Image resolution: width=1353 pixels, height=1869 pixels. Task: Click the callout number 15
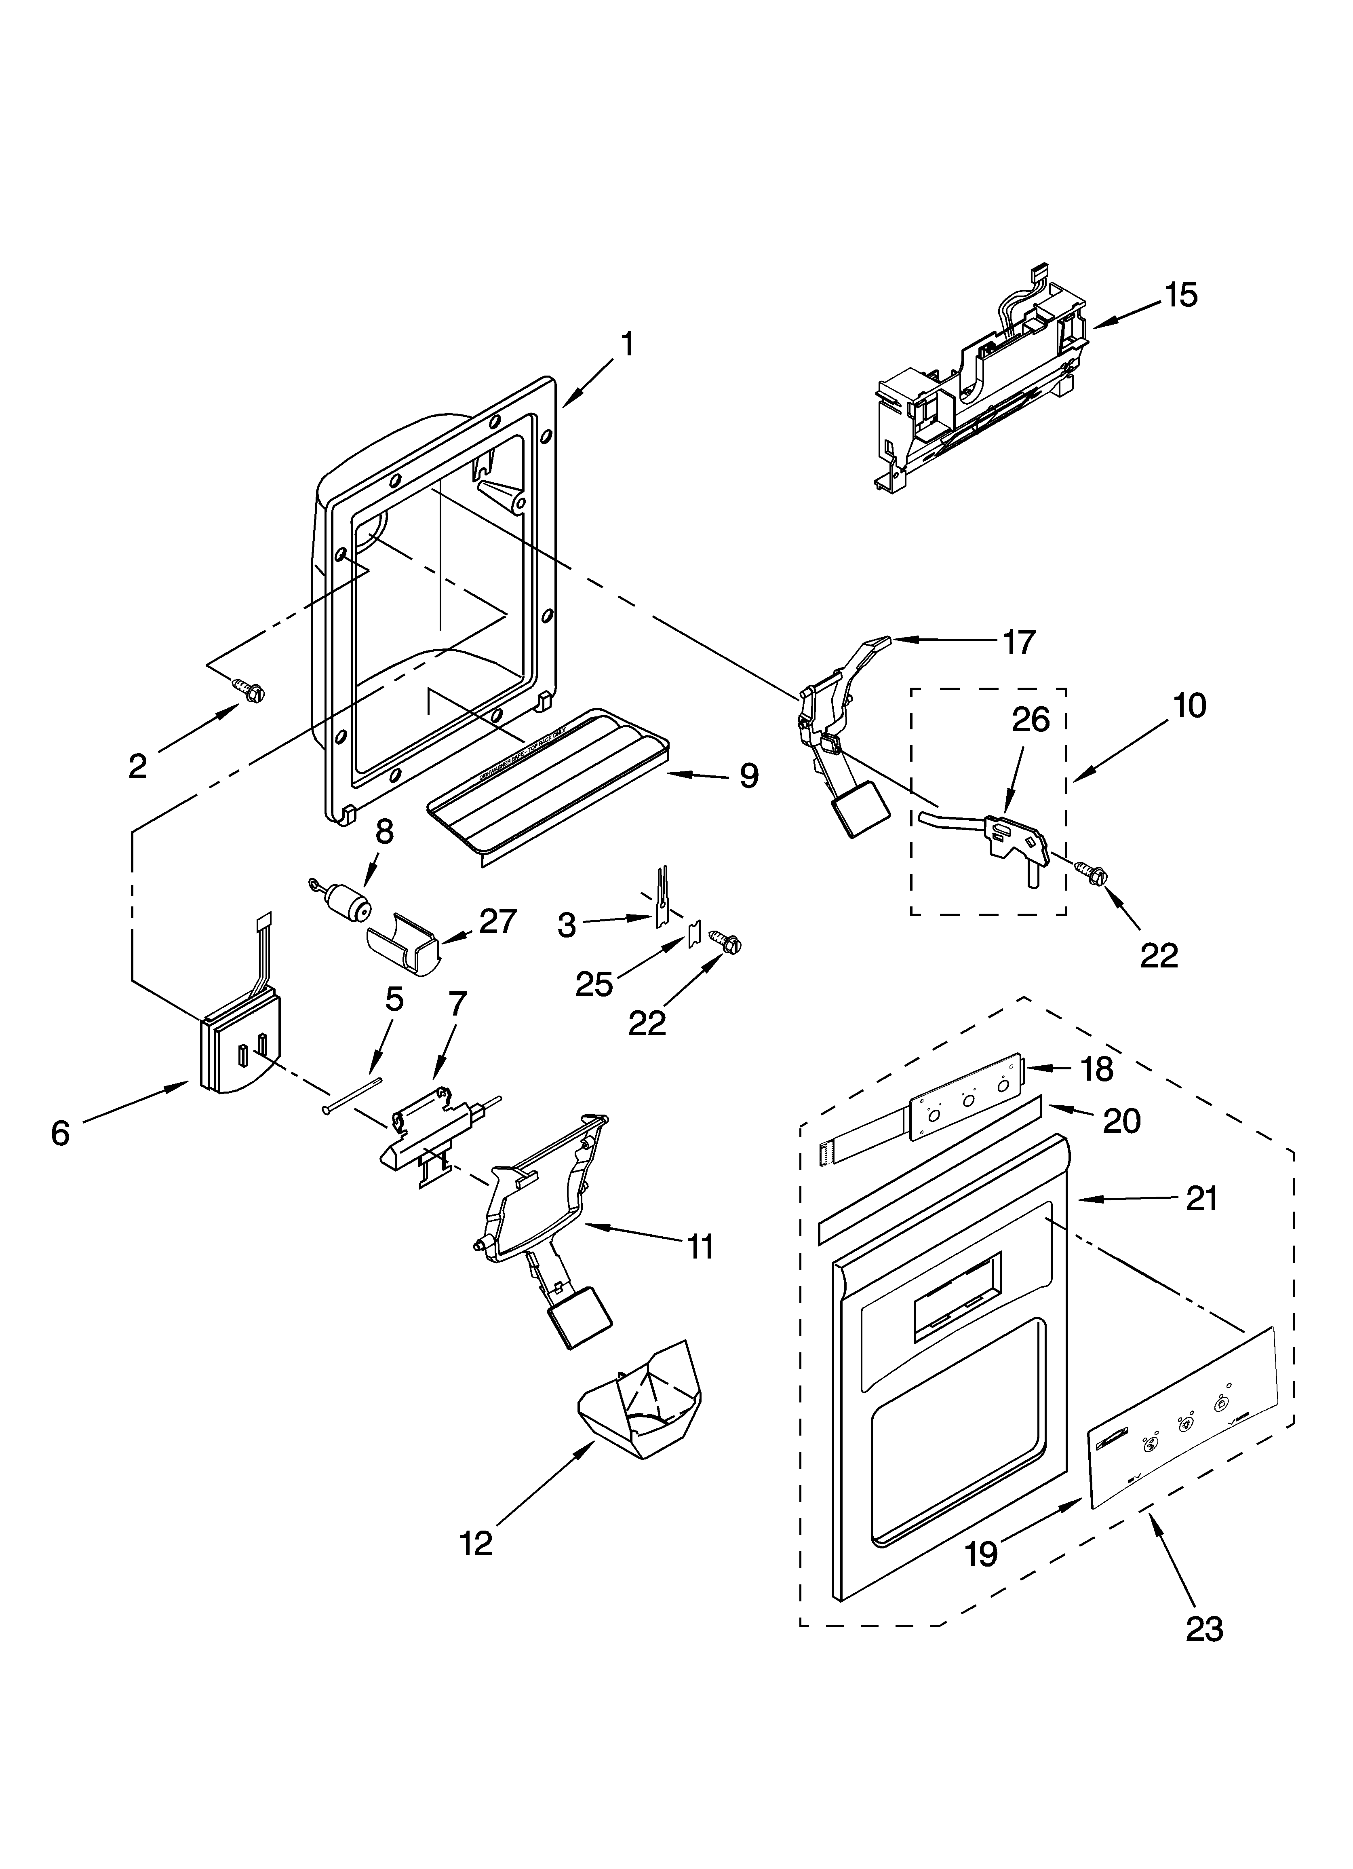pos(1181,295)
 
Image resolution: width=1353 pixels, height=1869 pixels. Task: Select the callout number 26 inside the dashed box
pos(1030,719)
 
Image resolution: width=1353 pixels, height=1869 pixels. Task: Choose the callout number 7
pos(457,1004)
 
